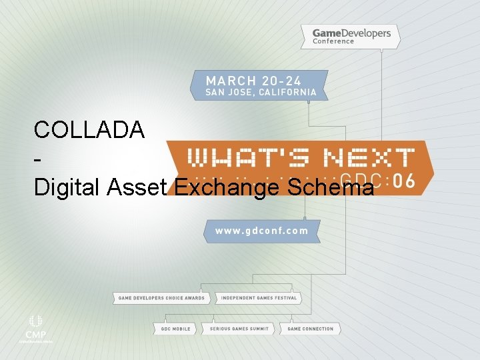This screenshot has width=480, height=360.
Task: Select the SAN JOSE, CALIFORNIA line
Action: point(261,91)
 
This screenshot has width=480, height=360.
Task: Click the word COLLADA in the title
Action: point(89,129)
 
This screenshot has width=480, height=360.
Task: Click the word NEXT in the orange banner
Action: point(368,158)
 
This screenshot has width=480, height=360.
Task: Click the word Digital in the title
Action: point(67,188)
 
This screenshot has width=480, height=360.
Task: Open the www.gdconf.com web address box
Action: point(261,231)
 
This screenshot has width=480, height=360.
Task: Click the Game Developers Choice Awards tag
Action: point(161,298)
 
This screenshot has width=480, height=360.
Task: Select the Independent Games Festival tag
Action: point(258,298)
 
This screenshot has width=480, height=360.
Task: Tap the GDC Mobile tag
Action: point(175,329)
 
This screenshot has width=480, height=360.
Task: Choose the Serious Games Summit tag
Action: point(239,329)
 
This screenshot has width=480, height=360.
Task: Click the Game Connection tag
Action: point(311,329)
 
